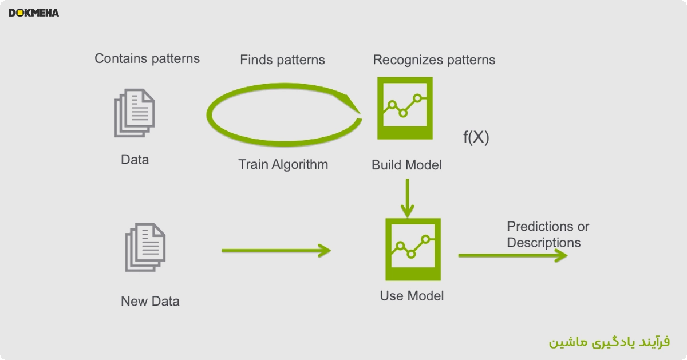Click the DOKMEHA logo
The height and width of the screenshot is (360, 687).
[34, 13]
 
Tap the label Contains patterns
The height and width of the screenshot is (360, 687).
[147, 58]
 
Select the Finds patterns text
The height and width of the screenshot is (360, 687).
[282, 60]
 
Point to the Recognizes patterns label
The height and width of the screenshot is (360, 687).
[434, 60]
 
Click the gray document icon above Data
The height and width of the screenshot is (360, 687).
[135, 113]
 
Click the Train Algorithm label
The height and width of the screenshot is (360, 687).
[283, 165]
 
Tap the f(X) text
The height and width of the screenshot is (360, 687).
[476, 137]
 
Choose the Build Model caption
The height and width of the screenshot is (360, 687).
[406, 165]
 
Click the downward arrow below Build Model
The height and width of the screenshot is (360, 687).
[407, 199]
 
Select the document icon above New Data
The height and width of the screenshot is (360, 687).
[145, 247]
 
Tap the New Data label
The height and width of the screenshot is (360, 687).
[150, 301]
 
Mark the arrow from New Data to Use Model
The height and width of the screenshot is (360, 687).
[276, 251]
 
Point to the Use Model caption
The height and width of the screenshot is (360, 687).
[412, 296]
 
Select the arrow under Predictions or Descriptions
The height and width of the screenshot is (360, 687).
[513, 255]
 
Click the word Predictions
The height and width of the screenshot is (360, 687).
[540, 227]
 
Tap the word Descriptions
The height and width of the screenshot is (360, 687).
[544, 243]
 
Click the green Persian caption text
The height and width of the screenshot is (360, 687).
[609, 342]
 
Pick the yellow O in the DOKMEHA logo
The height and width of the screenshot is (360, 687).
[20, 13]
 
